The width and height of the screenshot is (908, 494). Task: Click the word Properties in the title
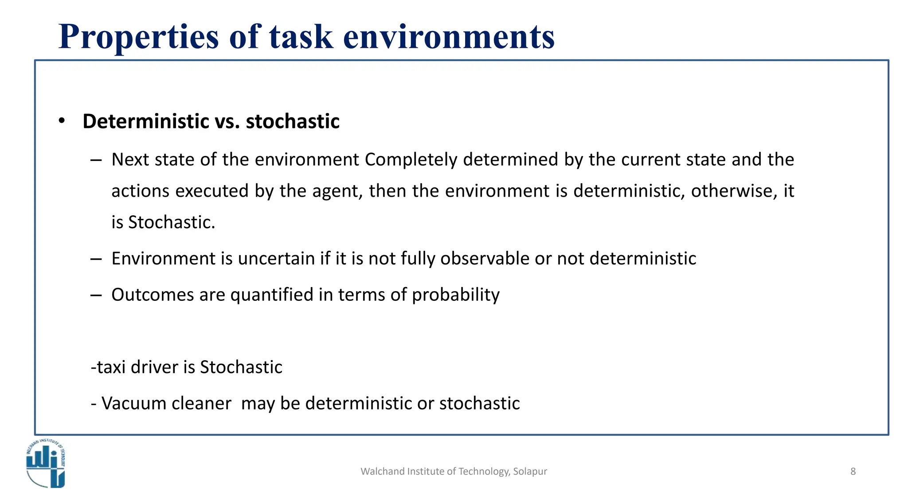coord(139,37)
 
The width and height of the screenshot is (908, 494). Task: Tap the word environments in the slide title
coord(449,37)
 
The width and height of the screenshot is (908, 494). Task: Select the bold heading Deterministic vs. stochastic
coord(211,121)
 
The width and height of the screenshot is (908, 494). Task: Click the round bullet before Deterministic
coord(62,121)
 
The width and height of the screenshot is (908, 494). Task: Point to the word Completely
coord(411,159)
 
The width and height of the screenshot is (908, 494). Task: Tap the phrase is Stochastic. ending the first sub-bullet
coord(163,222)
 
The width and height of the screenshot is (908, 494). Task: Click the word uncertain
coord(276,259)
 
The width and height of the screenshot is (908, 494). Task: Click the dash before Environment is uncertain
coord(96,259)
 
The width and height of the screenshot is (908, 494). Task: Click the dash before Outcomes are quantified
coord(96,295)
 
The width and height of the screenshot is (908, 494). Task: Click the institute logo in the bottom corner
coord(46,463)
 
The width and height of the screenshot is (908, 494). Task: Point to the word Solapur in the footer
coord(530,471)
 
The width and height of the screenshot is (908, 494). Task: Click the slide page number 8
coord(853,471)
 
